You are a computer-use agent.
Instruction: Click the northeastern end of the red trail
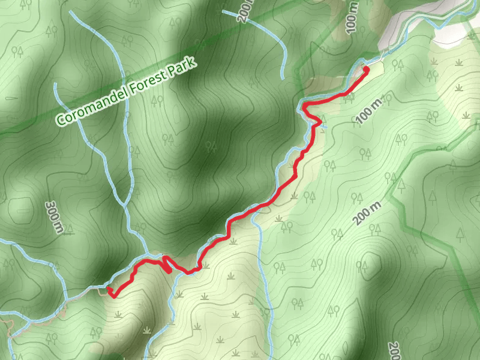click(x=366, y=70)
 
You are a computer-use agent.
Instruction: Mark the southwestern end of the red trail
click(x=110, y=290)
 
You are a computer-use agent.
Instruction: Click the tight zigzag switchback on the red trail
click(x=167, y=264)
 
